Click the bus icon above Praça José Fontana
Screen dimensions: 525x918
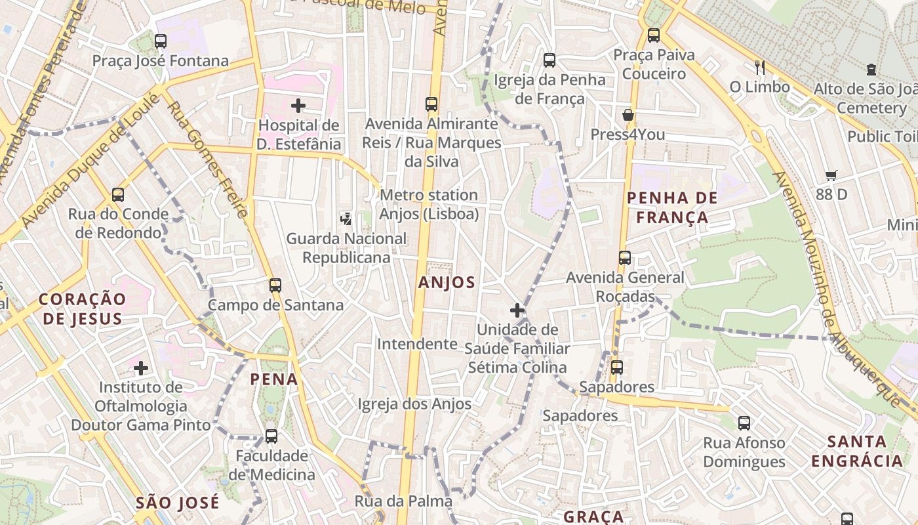(161, 41)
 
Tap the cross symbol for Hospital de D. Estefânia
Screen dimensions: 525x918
(298, 105)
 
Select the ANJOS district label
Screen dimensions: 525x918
(447, 282)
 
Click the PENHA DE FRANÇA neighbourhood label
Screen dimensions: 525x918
(672, 207)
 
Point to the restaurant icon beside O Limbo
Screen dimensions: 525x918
(760, 67)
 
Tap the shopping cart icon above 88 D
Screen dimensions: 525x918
(831, 175)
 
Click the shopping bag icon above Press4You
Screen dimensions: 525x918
(628, 115)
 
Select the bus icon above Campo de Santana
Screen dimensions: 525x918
(275, 285)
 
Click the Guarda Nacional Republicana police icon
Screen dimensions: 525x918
(346, 219)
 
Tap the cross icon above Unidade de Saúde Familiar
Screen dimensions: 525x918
(517, 310)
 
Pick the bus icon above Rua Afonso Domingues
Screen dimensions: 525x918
(744, 423)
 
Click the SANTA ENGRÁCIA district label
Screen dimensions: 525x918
(857, 451)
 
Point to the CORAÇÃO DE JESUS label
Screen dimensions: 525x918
(81, 309)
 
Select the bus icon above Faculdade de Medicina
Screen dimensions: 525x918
(271, 436)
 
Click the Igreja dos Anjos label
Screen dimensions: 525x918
(414, 404)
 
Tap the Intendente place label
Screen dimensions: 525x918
(417, 344)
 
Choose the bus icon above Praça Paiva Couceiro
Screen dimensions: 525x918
(654, 35)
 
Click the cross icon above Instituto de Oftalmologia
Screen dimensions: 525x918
(141, 368)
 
